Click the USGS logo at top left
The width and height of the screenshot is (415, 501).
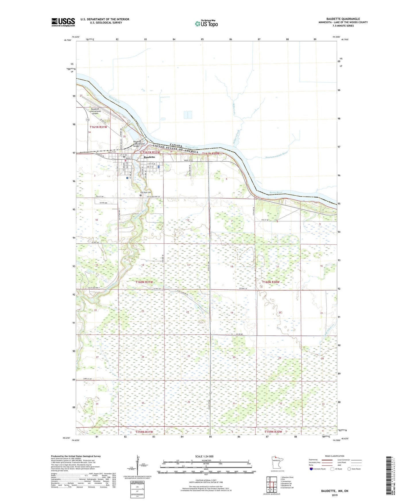(x=63, y=22)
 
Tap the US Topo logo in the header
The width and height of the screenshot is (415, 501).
(x=206, y=24)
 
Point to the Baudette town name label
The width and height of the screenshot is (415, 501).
(x=149, y=157)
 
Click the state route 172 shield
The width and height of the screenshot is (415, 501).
(x=87, y=119)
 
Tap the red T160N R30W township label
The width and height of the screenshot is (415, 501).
(x=271, y=282)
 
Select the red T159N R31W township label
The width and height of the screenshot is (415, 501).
(x=144, y=432)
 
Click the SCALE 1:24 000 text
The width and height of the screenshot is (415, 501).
(x=204, y=456)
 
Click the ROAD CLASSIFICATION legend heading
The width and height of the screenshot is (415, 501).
(x=335, y=456)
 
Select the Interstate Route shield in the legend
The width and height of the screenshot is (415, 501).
(x=311, y=469)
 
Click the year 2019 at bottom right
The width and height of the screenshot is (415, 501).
(x=335, y=495)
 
